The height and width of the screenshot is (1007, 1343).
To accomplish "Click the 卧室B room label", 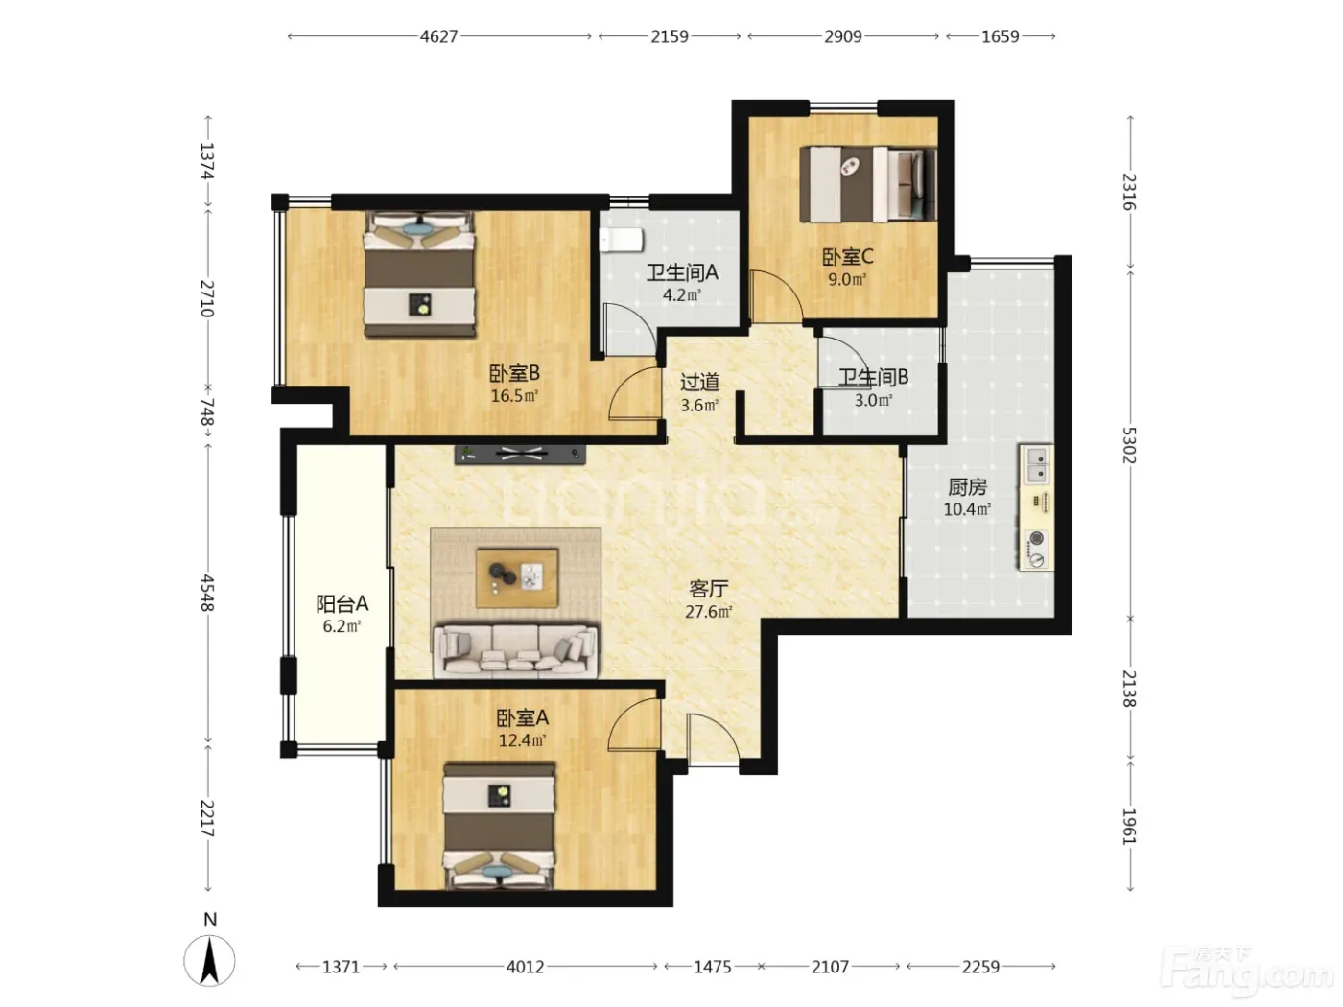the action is point(514,372).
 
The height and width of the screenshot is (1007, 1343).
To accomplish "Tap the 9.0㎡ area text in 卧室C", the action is point(847,280).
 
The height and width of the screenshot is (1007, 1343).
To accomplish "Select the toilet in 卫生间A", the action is point(621,241).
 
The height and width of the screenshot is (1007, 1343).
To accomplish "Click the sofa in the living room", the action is point(515,651).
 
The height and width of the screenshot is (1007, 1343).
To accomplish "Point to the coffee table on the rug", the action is point(517,577).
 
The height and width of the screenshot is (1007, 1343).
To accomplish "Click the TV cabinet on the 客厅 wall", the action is point(520,454).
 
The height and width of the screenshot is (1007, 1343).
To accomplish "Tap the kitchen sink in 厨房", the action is point(1036,464).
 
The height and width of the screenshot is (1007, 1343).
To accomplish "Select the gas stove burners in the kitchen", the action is point(1035,549).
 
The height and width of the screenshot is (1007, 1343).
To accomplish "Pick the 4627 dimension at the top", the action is point(438,36).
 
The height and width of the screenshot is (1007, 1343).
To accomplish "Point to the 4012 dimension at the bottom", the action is point(525,967).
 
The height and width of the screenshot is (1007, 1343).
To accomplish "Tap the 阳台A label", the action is point(342,604).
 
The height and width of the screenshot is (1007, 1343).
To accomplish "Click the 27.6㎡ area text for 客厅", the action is point(709,612).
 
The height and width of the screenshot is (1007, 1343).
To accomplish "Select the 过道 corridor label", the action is point(699,383).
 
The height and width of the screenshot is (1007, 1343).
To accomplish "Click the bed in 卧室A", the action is point(499,826).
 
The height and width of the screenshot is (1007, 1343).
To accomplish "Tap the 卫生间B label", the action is point(873,377).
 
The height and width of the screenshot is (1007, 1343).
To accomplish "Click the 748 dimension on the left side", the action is point(207,411).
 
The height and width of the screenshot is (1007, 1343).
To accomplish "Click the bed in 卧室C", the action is point(868,183).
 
